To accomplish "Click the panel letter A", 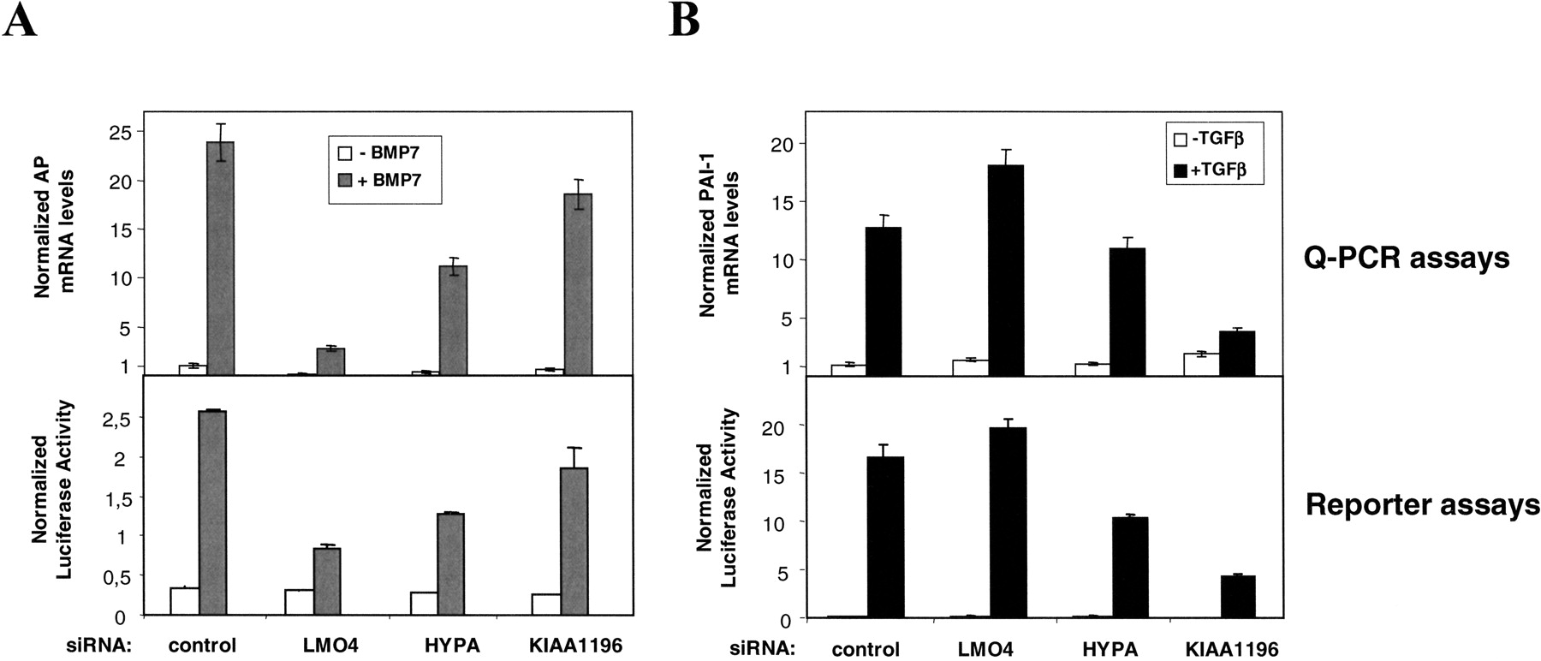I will (x=20, y=19).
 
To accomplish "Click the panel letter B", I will (x=684, y=19).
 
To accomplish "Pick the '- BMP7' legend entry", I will (x=384, y=155).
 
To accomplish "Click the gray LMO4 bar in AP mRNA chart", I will (x=330, y=361).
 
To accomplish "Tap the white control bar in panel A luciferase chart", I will (x=184, y=601).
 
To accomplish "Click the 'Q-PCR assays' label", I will (x=1406, y=258).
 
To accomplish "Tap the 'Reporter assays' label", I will (x=1422, y=505).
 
